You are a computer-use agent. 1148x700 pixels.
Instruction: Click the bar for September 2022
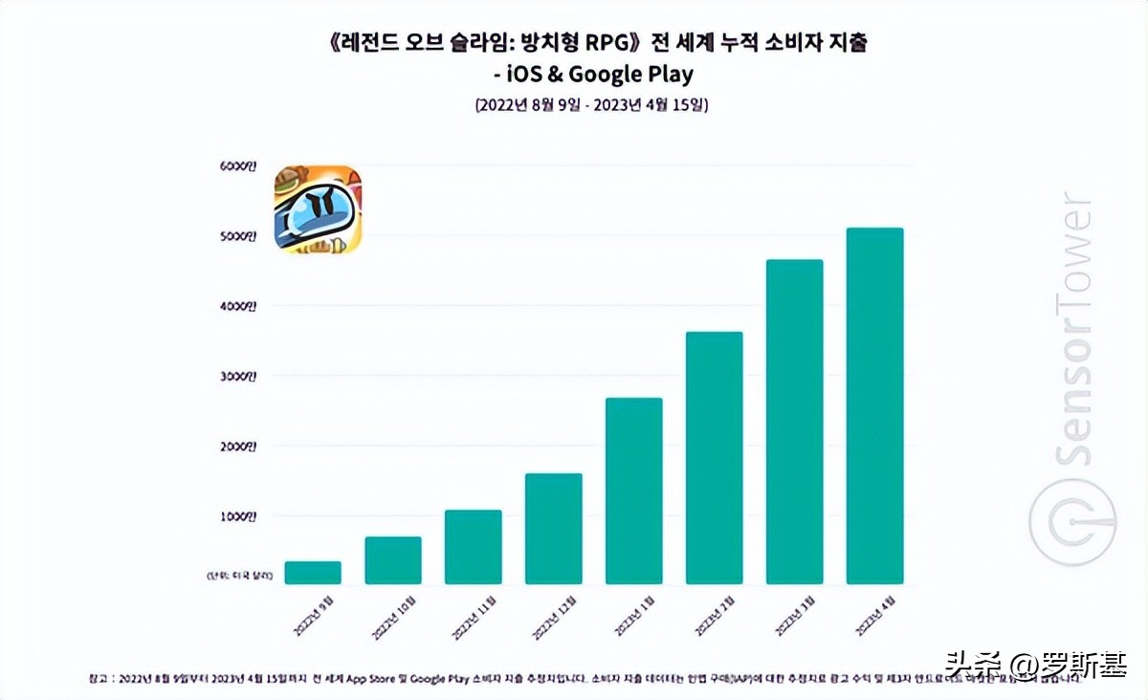pos(313,573)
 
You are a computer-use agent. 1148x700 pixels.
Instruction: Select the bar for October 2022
pos(393,560)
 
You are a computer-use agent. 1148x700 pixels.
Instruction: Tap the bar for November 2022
pos(474,547)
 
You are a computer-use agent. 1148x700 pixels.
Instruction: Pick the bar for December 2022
pos(554,529)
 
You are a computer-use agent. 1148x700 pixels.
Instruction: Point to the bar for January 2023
pos(634,491)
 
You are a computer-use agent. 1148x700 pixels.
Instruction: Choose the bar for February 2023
pos(715,458)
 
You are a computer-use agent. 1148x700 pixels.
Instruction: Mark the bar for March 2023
pos(795,422)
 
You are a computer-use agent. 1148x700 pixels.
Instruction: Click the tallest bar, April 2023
pos(875,405)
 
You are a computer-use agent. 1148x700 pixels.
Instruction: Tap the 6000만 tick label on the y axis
pos(237,165)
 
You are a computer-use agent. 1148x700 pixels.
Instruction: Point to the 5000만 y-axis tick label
pos(237,236)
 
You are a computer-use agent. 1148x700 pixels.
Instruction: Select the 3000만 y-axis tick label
pos(237,377)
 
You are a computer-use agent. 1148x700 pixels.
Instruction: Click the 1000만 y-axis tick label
pos(237,516)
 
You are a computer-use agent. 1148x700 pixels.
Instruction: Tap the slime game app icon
pos(318,210)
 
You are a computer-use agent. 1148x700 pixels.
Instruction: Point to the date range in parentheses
pos(590,104)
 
